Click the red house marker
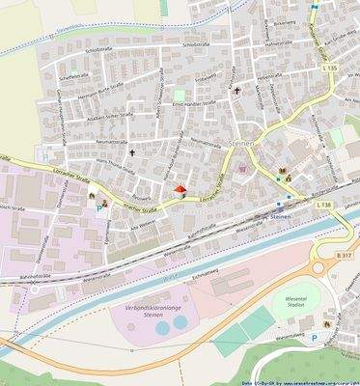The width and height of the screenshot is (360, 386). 180,190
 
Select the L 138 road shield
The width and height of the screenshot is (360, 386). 323,205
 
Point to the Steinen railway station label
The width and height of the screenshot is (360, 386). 281,218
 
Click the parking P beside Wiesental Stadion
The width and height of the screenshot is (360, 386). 313,338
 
